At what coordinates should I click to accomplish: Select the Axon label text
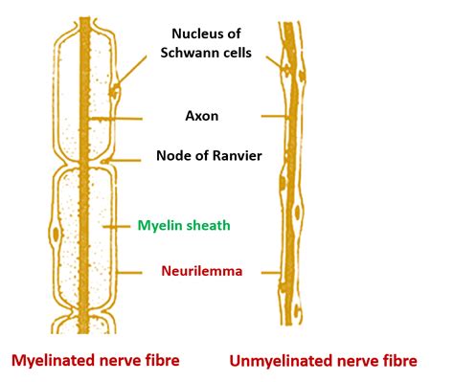(202, 118)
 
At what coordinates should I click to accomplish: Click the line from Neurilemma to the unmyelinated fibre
(271, 271)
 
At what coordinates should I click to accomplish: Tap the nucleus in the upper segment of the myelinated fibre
(115, 93)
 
